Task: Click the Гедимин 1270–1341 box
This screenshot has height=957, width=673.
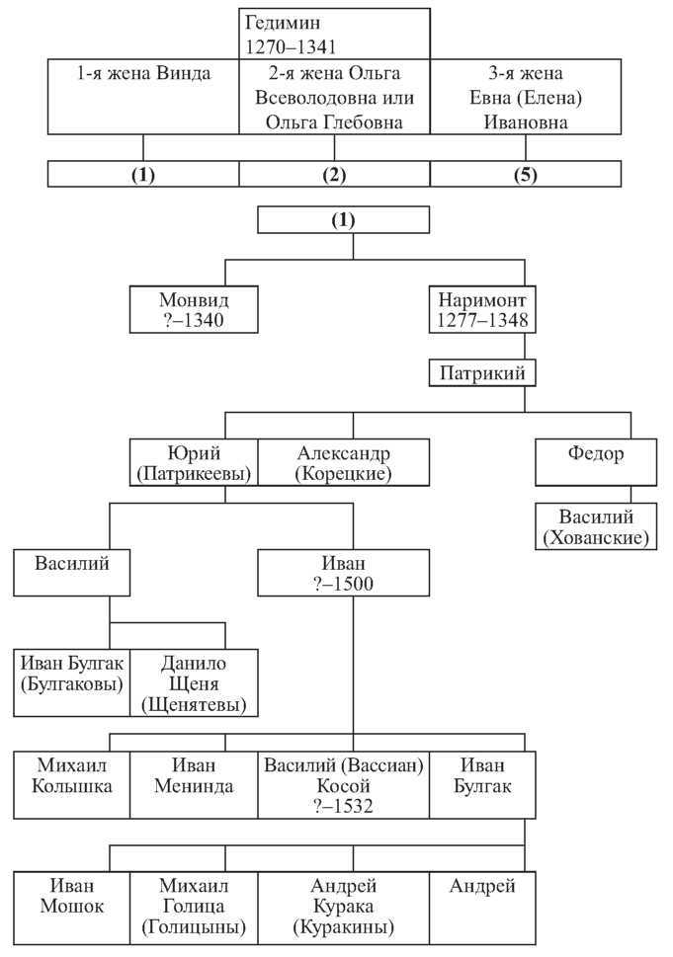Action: [334, 34]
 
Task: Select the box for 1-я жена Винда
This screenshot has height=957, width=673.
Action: [143, 97]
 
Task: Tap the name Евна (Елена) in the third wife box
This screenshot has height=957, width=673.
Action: [526, 98]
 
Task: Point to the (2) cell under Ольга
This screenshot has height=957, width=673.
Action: [334, 174]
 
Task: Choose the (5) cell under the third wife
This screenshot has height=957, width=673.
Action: [526, 174]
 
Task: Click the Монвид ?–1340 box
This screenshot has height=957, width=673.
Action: [194, 309]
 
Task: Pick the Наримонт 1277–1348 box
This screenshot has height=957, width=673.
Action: [482, 309]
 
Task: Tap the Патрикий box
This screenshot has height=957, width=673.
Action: [482, 373]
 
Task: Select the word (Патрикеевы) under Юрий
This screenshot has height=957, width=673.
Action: [194, 474]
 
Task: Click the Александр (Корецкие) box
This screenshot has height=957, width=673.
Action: [343, 462]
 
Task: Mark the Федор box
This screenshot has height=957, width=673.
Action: [596, 462]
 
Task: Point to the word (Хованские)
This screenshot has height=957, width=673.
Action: [596, 537]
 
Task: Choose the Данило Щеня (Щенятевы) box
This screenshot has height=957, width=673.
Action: [194, 682]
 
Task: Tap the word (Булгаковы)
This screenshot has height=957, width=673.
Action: [71, 684]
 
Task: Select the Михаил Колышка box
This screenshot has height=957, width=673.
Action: [71, 785]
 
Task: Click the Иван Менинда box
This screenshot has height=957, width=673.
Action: [194, 785]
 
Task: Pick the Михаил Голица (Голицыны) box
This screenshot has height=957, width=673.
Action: [194, 908]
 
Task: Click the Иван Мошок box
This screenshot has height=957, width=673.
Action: [71, 908]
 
